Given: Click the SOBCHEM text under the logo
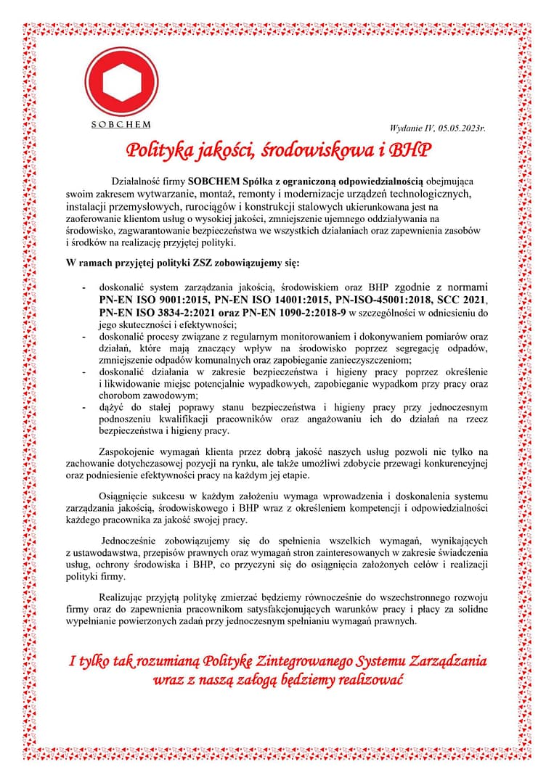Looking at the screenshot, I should [x=121, y=124].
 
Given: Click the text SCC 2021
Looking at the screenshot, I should [x=463, y=299].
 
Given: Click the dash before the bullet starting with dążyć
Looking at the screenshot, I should [x=84, y=407].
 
